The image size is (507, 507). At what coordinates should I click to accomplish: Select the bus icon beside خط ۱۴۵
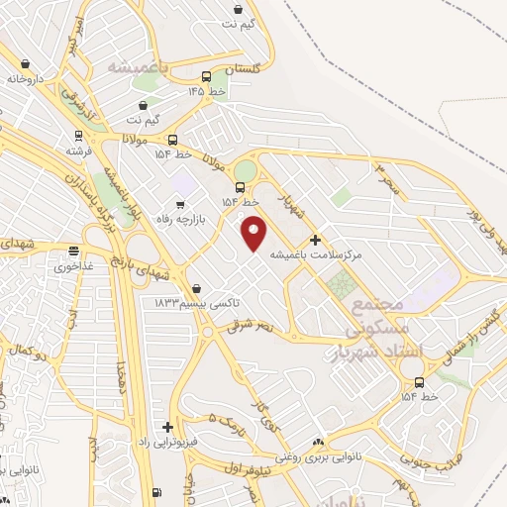(206, 76)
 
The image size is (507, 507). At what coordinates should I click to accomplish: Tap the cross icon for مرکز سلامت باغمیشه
(315, 240)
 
